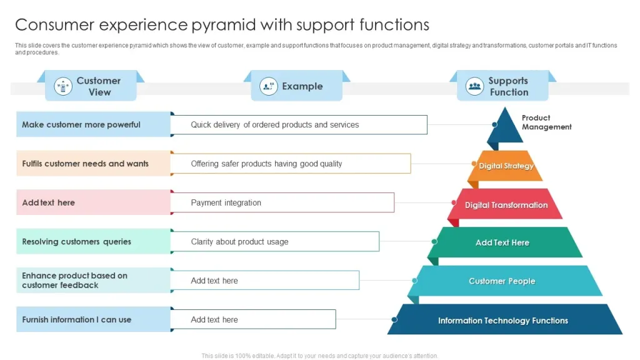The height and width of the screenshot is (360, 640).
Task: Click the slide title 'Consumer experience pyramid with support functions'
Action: click(x=222, y=24)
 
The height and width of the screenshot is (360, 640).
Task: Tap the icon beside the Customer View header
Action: click(x=63, y=86)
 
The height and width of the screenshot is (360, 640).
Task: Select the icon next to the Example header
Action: click(x=269, y=86)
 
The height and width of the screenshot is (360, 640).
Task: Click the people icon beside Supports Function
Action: click(x=475, y=86)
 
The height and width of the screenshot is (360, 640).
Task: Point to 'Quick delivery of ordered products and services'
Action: click(x=275, y=124)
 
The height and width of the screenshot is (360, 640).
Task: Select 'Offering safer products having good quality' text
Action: click(x=266, y=164)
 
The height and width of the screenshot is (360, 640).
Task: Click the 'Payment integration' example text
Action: click(x=226, y=202)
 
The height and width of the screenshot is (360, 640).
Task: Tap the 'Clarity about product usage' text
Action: click(x=239, y=242)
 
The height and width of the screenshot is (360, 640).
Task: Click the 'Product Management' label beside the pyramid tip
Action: click(x=546, y=122)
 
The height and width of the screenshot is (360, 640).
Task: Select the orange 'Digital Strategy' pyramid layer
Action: click(x=506, y=166)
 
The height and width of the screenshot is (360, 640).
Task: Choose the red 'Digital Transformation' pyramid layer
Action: click(x=506, y=205)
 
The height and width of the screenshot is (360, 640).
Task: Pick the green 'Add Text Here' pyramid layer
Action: click(x=502, y=242)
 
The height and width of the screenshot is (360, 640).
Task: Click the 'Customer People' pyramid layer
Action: click(x=502, y=281)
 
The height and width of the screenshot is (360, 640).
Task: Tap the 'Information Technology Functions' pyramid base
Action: click(x=502, y=321)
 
